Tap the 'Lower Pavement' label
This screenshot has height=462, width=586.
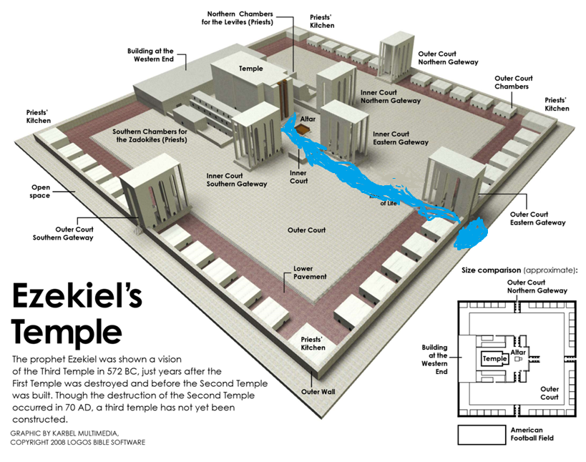310,272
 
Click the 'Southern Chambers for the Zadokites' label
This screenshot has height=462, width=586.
150,136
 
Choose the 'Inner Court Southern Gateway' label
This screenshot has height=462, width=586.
237,180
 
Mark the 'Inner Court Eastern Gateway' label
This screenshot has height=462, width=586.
401,138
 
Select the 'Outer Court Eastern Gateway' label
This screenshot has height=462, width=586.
538,218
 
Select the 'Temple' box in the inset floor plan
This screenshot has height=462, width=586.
494,358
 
